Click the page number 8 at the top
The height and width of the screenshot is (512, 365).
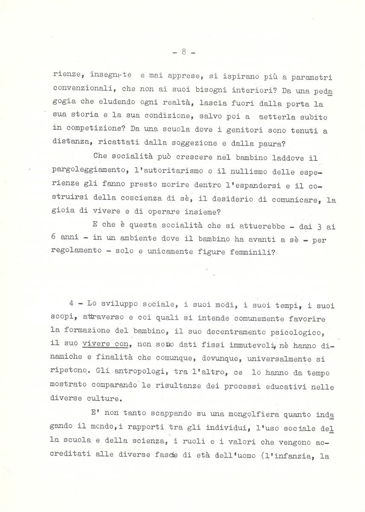[x=183, y=52]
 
